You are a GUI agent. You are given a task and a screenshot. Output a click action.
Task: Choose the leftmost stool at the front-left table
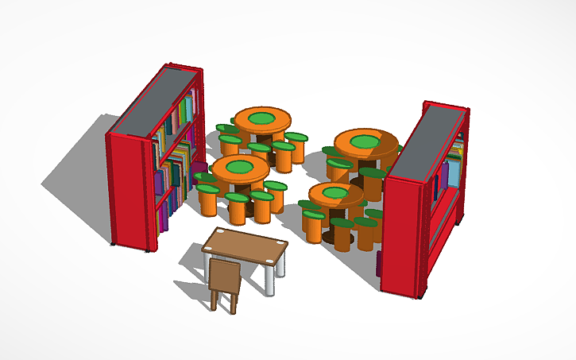[x=208, y=200]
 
